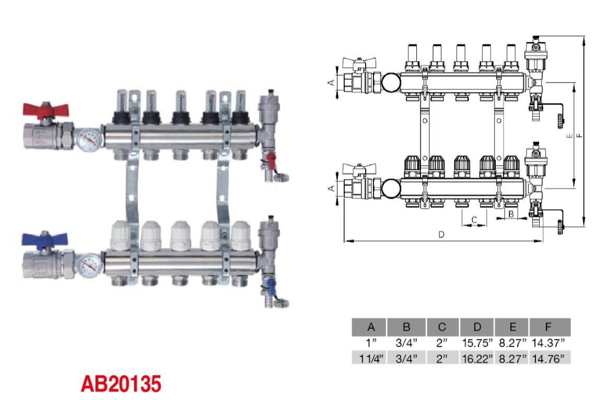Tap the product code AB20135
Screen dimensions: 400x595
coord(121,384)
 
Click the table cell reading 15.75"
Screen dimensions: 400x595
coord(476,343)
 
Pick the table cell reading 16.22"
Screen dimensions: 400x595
coord(476,359)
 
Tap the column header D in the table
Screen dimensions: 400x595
coord(476,327)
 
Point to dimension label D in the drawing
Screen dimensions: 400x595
coord(441,235)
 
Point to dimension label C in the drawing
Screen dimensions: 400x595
coord(474,220)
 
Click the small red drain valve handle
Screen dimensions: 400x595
coord(270,157)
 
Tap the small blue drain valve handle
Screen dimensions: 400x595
coord(270,284)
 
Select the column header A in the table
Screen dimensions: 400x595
coord(370,327)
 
